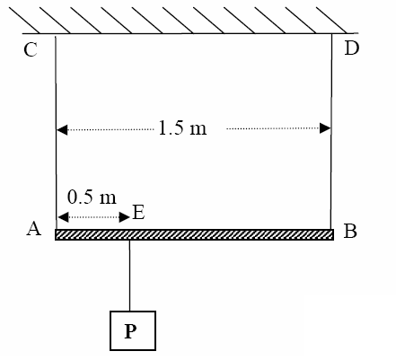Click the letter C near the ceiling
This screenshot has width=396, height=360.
31,49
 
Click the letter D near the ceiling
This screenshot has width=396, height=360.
352,48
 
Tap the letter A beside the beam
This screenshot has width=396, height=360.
34,229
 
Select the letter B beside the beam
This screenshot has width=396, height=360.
350,231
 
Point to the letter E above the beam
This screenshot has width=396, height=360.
138,213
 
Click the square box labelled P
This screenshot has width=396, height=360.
133,330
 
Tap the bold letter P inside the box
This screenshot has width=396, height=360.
130,331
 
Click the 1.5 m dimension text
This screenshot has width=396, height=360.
182,127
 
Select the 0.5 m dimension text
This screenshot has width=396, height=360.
92,198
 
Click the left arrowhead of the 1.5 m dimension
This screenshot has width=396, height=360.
62,130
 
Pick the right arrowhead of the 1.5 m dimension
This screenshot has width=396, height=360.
325,128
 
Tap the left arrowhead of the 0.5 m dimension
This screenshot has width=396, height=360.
63,217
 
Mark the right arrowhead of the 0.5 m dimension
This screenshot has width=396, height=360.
124,217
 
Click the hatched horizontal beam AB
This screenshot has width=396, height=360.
194,234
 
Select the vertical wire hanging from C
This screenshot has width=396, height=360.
56,133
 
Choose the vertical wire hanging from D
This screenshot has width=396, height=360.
331,131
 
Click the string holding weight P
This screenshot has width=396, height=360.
129,276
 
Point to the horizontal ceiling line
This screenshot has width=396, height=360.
190,33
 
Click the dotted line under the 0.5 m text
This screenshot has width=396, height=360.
93,217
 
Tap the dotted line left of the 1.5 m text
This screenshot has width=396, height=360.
110,129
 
